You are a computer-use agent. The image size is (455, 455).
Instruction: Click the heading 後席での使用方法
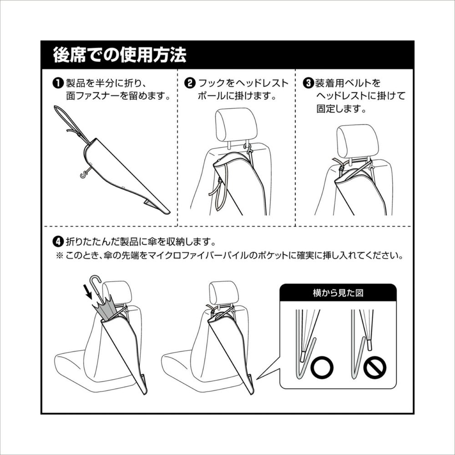pyautogui.click(x=119, y=55)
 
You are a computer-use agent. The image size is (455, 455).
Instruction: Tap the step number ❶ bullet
pyautogui.click(x=58, y=83)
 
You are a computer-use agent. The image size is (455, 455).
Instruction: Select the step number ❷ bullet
pyautogui.click(x=189, y=83)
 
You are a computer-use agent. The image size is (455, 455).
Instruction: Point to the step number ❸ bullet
pyautogui.click(x=307, y=83)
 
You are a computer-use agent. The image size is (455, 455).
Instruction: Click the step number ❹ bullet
pyautogui.click(x=58, y=241)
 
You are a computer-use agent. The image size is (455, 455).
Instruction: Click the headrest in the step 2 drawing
pyautogui.click(x=236, y=124)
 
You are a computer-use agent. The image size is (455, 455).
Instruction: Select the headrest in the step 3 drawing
pyautogui.click(x=358, y=141)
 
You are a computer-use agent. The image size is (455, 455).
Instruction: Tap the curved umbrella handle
pyautogui.click(x=96, y=283)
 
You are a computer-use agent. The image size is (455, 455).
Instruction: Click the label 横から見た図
pyautogui.click(x=338, y=293)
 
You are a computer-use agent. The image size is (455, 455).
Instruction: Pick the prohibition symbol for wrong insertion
pyautogui.click(x=374, y=368)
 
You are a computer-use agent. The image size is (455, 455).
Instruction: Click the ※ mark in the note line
pyautogui.click(x=59, y=256)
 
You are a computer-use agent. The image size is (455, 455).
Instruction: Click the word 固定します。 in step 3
pyautogui.click(x=341, y=109)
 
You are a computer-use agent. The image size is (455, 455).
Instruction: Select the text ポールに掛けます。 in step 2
pyautogui.click(x=237, y=96)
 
